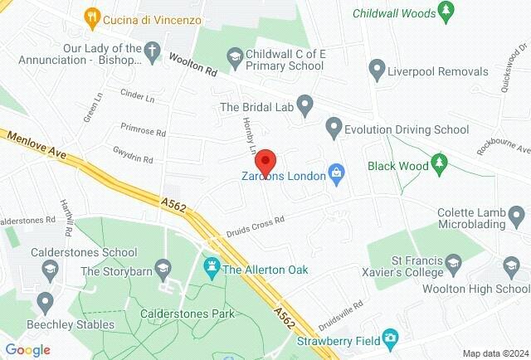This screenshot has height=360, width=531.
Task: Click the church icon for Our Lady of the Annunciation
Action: point(151,49)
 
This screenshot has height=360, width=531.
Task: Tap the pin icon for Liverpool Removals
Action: point(377,67)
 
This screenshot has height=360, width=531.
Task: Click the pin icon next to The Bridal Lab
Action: point(304,105)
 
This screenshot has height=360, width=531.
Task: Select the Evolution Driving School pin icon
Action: point(334,129)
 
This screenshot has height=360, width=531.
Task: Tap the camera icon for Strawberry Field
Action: point(390,338)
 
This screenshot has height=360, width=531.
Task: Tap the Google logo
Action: point(28,349)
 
